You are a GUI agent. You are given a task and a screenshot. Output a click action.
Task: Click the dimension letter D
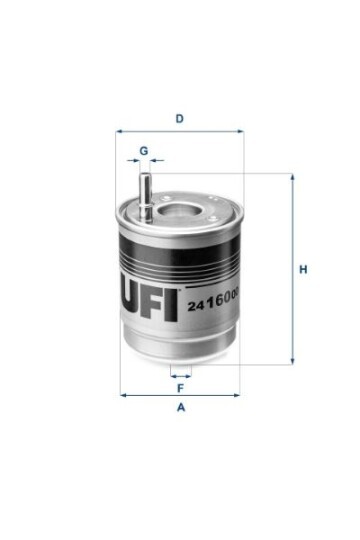pos(179,119)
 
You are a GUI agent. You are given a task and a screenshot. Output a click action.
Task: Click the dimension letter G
pos(144,151)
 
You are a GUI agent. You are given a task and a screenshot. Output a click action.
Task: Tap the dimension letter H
pos(303,269)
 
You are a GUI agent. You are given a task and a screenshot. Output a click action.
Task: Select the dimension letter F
pos(180,388)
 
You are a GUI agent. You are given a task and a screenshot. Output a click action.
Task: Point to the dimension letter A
pos(181,407)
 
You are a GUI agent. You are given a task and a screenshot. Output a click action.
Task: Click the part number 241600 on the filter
pos(213,303)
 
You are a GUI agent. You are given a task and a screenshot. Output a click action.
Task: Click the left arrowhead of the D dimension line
pos(119,131)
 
